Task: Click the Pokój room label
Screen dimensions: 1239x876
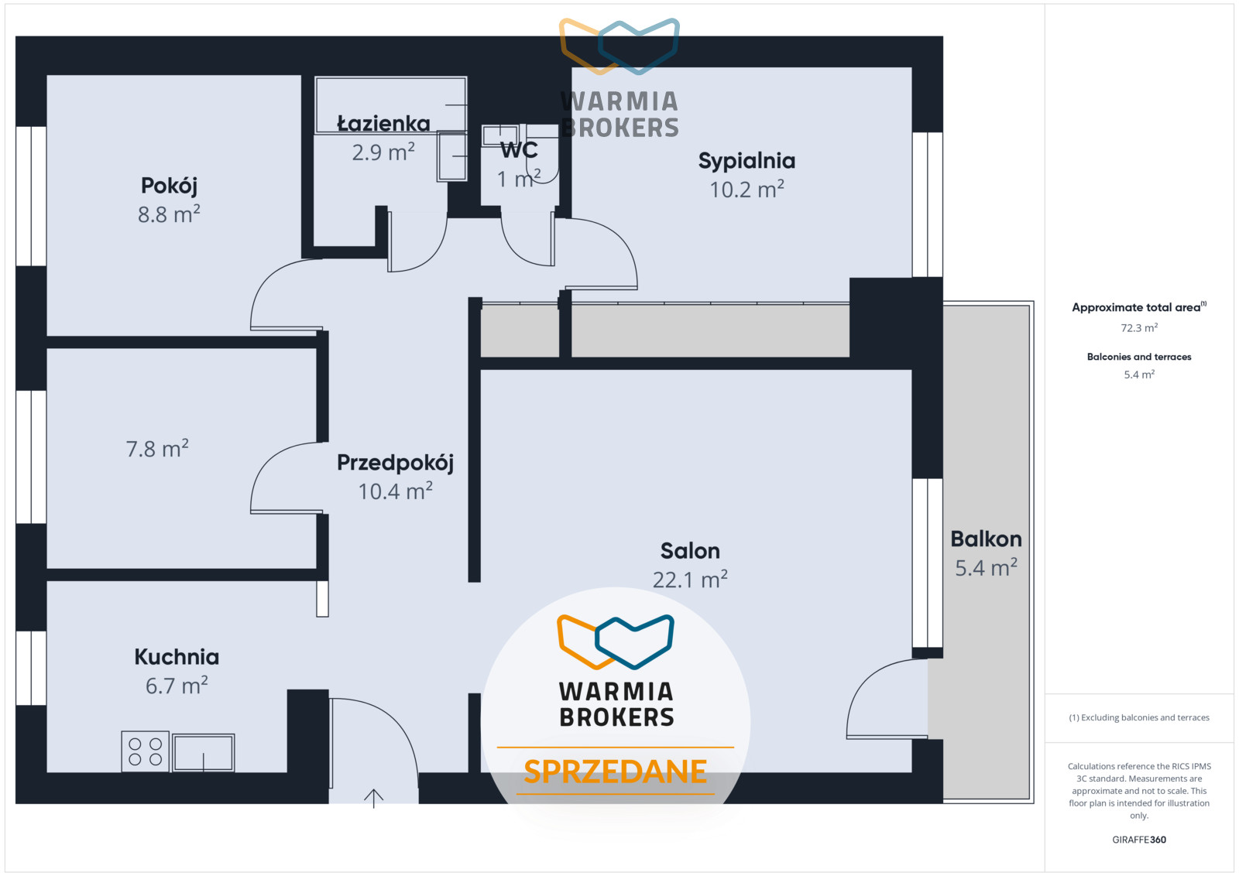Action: coord(169,186)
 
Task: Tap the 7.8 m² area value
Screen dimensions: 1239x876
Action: coord(157,449)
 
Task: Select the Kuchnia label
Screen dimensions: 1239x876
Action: coord(177,656)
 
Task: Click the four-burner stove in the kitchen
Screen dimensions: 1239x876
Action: coord(145,751)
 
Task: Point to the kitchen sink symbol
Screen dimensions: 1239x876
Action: coord(203,752)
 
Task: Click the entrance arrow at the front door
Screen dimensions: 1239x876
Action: coord(373,798)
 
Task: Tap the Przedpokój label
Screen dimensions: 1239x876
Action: coord(395,463)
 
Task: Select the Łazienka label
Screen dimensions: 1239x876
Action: coord(383,123)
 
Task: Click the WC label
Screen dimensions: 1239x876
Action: coord(519,150)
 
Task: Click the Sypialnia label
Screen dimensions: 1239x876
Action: coord(746,161)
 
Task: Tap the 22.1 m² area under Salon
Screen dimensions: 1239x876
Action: coord(690,580)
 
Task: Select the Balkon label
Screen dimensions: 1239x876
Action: coord(987,539)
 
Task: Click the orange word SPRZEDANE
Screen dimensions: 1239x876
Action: coord(615,772)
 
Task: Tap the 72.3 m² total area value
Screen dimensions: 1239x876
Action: coord(1139,328)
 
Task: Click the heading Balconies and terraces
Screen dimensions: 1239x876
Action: coord(1139,357)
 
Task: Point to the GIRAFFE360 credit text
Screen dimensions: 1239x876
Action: coord(1139,840)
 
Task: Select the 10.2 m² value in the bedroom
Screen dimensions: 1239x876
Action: coord(746,190)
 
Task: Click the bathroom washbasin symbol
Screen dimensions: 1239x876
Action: coord(452,156)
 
